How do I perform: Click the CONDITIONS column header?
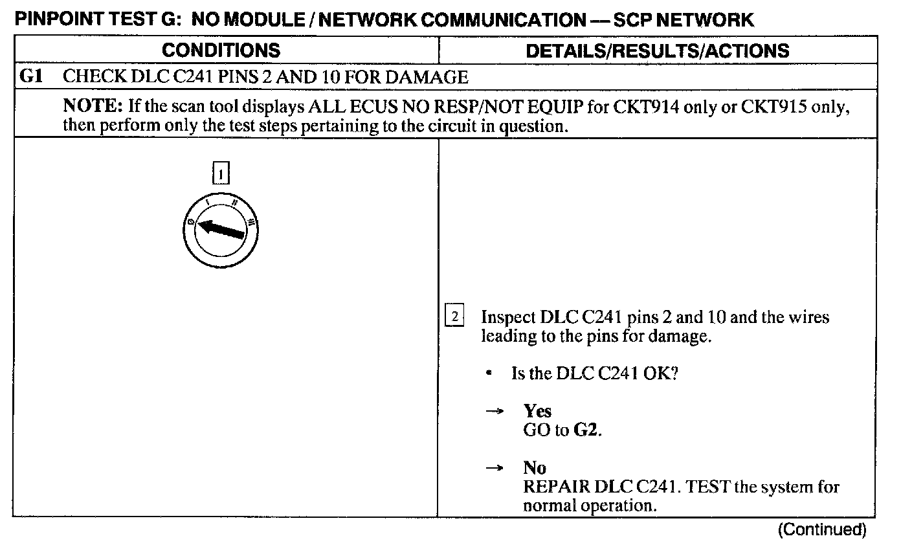tap(221, 50)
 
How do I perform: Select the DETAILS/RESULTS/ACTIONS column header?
tap(658, 50)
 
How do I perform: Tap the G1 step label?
tap(32, 78)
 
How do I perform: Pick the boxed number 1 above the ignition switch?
tap(221, 174)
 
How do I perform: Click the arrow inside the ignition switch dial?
tap(221, 229)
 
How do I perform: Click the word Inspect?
tap(508, 317)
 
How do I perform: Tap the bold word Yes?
tap(537, 412)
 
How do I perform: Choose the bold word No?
tap(535, 468)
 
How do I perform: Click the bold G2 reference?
tap(586, 430)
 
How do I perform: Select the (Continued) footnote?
tap(821, 530)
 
